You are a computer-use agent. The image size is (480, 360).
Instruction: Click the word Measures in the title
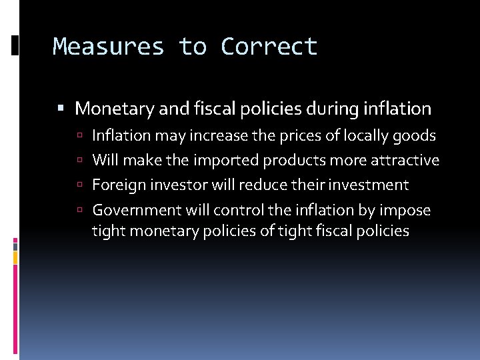(x=108, y=47)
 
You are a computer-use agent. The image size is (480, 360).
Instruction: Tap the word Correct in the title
(x=269, y=47)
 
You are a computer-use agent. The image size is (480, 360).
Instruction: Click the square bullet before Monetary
(x=61, y=108)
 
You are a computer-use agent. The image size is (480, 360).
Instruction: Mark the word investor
(x=175, y=185)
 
